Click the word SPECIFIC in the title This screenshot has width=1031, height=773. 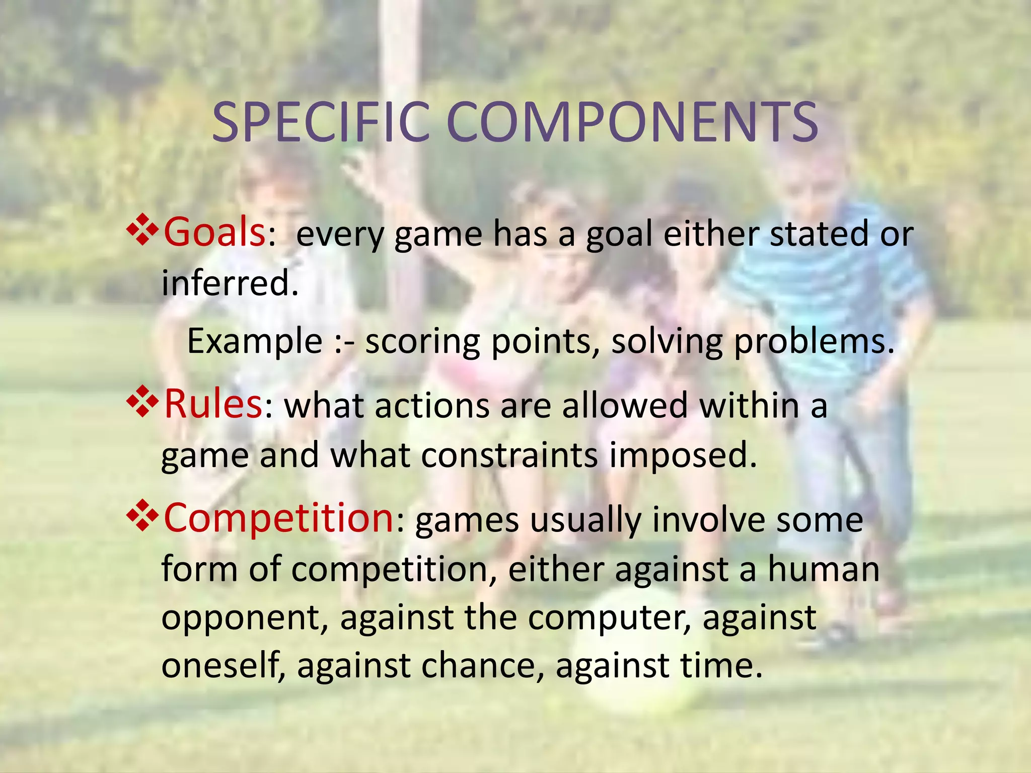[x=321, y=122]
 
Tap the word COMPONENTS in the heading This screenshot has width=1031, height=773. [x=632, y=122]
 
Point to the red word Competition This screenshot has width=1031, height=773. [x=278, y=518]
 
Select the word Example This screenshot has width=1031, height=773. [x=255, y=341]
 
